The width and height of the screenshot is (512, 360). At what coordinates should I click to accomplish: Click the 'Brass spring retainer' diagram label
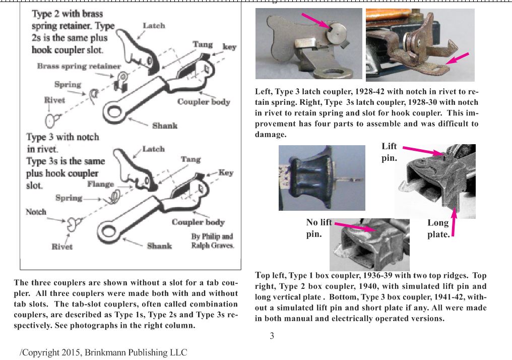[x=79, y=66]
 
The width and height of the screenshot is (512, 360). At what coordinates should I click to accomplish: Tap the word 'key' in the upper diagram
[x=229, y=47]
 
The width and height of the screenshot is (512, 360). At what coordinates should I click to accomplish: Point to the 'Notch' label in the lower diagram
[x=36, y=212]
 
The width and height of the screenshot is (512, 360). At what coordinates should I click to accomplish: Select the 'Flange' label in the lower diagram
[x=100, y=185]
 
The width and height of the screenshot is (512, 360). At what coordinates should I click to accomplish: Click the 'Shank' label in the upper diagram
[x=165, y=126]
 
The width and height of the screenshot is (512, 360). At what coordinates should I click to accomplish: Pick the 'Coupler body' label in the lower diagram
[x=198, y=222]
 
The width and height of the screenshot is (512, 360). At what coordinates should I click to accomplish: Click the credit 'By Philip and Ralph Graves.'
[x=212, y=241]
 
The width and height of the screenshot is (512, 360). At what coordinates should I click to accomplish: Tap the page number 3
[x=272, y=336]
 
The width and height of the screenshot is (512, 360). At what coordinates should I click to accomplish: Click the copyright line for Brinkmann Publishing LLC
[x=103, y=352]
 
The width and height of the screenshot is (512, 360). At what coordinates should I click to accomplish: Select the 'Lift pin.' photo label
[x=389, y=152]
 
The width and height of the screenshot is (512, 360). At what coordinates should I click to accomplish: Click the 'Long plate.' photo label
[x=438, y=229]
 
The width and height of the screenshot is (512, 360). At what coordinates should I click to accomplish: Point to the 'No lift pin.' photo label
[x=318, y=228]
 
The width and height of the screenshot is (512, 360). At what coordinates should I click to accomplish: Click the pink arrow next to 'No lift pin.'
[x=355, y=227]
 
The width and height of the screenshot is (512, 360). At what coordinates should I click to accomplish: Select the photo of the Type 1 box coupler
[x=322, y=177]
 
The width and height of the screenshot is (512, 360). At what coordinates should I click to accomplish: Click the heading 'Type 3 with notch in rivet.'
[x=62, y=143]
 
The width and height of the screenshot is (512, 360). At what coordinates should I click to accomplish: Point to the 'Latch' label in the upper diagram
[x=154, y=25]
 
